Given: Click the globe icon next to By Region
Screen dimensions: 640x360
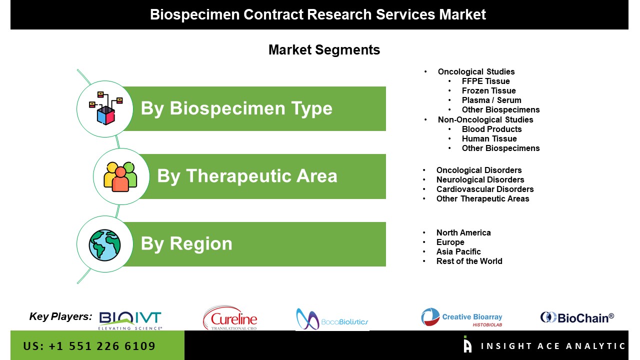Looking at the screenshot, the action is click(x=104, y=245).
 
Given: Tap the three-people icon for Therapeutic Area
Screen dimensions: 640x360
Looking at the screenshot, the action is click(x=120, y=177).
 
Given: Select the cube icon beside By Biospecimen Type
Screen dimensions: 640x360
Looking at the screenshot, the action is click(x=106, y=108).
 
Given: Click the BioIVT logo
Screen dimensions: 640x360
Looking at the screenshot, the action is click(x=130, y=320).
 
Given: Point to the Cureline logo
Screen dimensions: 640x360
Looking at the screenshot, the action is click(x=230, y=318).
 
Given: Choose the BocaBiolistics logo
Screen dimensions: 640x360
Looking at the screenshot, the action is click(x=332, y=319).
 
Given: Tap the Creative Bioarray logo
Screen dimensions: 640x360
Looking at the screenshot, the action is click(x=461, y=317).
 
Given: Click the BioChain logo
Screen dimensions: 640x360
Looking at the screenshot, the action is click(x=577, y=317).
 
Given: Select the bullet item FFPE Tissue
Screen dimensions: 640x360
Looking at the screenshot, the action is click(x=485, y=81).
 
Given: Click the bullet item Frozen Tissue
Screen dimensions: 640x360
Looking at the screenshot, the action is click(x=489, y=90).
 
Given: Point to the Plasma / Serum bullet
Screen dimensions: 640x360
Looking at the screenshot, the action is click(x=491, y=100).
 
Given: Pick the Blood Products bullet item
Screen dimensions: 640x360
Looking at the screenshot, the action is click(x=491, y=129).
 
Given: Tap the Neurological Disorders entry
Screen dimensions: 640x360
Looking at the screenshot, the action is click(x=480, y=179).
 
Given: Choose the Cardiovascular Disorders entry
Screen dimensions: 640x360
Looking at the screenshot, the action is click(x=485, y=189).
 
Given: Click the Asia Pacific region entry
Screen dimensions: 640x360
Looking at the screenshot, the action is click(x=458, y=251).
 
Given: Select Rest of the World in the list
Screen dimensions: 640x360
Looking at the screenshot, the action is click(x=469, y=261).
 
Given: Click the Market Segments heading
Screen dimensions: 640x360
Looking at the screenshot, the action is click(x=324, y=50).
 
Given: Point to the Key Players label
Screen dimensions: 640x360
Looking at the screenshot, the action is click(x=60, y=316).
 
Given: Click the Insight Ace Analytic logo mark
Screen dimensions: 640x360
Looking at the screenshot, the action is click(x=467, y=344).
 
